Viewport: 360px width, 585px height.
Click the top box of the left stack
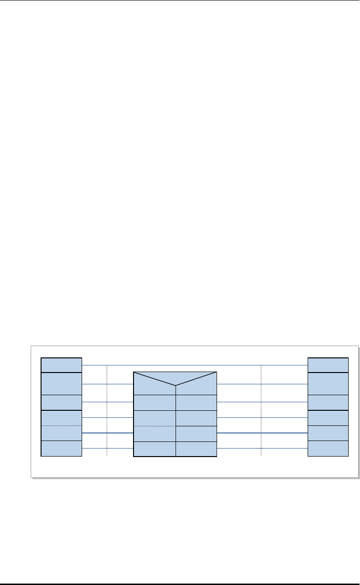pos(61,365)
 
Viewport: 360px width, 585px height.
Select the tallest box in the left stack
pos(61,383)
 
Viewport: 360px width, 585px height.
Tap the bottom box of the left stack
pos(61,449)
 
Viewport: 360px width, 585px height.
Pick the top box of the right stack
pos(328,365)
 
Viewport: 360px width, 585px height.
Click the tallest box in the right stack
pos(328,383)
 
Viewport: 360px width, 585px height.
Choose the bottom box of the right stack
pos(328,449)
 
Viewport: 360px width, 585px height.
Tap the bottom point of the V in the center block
pos(176,385)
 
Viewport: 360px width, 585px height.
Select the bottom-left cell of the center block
pos(155,449)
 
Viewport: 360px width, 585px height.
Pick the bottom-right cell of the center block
pos(196,449)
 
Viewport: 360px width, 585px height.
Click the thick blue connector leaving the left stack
pos(108,433)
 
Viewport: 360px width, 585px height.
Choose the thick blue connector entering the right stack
pos(262,433)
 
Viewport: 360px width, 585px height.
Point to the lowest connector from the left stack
pos(108,449)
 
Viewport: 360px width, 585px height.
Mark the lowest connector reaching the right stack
pos(262,449)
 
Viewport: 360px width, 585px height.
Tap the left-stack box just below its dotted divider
pos(61,433)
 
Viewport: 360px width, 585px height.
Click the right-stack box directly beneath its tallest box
pos(328,402)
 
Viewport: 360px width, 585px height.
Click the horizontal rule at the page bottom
pos(180,584)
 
